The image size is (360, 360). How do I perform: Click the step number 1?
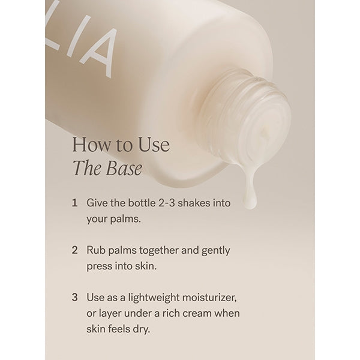coord(74,203)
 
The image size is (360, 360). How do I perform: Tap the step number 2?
coord(74,250)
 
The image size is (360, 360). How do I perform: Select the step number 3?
coord(74,298)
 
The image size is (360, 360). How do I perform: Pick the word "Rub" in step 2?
coord(96,250)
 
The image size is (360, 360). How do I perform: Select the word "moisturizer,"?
coord(209,298)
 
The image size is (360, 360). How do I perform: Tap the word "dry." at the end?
coord(141,329)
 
